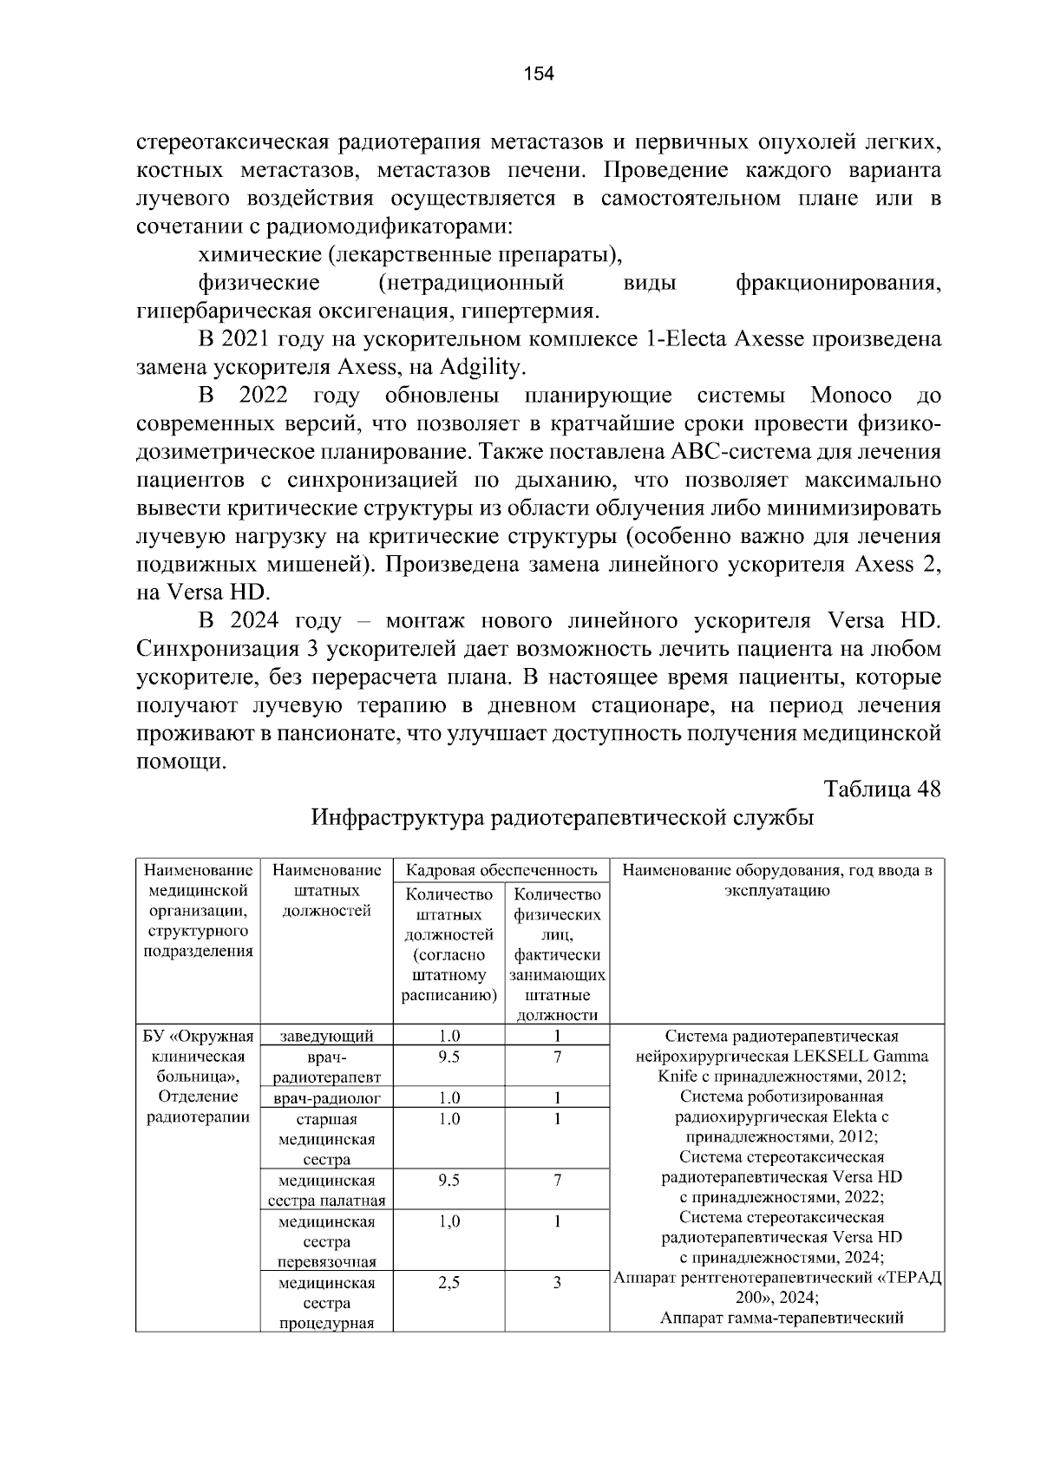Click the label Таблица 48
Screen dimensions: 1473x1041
(x=882, y=789)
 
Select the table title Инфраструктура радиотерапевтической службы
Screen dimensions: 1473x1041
(x=562, y=818)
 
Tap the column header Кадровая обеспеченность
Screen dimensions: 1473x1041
(x=501, y=870)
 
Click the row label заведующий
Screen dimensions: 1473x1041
(x=327, y=1036)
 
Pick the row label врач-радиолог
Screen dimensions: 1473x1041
(x=327, y=1098)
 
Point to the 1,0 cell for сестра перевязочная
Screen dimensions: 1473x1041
(x=448, y=1221)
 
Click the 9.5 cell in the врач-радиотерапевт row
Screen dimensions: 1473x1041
(x=448, y=1057)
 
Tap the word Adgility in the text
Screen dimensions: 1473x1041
(x=481, y=367)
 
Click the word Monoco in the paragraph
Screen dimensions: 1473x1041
(x=850, y=396)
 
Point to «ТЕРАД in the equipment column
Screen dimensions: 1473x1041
(x=911, y=1279)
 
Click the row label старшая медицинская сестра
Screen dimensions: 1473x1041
(x=327, y=1139)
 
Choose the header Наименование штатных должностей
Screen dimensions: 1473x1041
(x=327, y=890)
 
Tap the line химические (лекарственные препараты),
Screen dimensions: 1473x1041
(x=411, y=255)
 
